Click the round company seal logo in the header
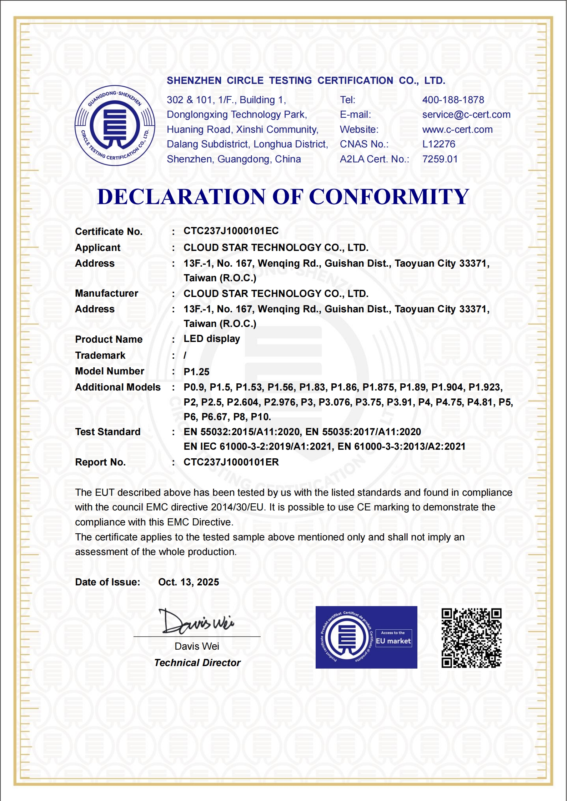click(x=115, y=125)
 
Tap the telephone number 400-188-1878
click(x=453, y=100)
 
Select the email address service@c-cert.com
click(x=466, y=115)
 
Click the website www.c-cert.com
click(x=457, y=130)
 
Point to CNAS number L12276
click(x=438, y=144)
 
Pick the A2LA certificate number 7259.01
click(x=440, y=159)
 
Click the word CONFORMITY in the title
click(x=388, y=197)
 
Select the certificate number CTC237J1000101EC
click(x=231, y=231)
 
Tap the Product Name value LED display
click(x=211, y=339)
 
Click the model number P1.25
click(x=196, y=372)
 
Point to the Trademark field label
click(x=100, y=356)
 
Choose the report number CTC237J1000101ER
click(x=231, y=462)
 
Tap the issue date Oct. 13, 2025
click(x=189, y=582)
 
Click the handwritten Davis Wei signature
click(x=196, y=622)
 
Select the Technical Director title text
click(x=197, y=663)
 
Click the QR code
click(x=471, y=638)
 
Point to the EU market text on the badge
click(x=393, y=641)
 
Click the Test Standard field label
click(x=107, y=432)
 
